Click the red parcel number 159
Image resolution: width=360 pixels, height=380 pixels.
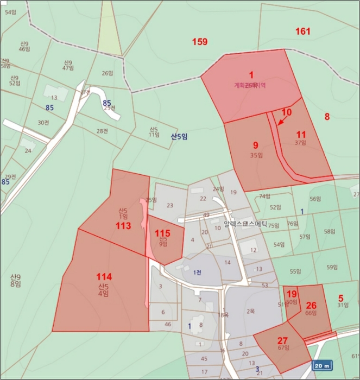pyautogui.click(x=200, y=41)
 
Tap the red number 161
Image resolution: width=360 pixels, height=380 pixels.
pyautogui.click(x=302, y=31)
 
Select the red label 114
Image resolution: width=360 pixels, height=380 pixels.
pyautogui.click(x=104, y=276)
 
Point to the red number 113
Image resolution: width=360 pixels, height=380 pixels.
pyautogui.click(x=123, y=226)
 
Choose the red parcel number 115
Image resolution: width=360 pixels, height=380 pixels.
pyautogui.click(x=163, y=233)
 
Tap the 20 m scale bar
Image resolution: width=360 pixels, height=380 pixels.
pyautogui.click(x=323, y=366)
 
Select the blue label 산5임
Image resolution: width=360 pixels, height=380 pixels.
pyautogui.click(x=179, y=137)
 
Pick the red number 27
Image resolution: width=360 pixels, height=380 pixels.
pyautogui.click(x=282, y=340)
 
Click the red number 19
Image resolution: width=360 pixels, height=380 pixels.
pyautogui.click(x=292, y=294)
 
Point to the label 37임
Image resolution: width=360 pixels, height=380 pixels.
pyautogui.click(x=301, y=143)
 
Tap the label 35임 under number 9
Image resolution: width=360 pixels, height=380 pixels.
pyautogui.click(x=256, y=155)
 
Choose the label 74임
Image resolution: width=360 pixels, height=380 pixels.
pyautogui.click(x=264, y=197)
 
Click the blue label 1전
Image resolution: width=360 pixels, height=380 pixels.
pyautogui.click(x=197, y=272)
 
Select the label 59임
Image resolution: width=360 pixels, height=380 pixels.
pyautogui.click(x=332, y=267)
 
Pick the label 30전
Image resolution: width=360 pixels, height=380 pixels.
pyautogui.click(x=43, y=123)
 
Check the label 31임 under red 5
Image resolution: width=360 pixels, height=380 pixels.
pyautogui.click(x=342, y=305)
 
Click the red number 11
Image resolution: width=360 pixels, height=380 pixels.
pyautogui.click(x=301, y=134)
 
